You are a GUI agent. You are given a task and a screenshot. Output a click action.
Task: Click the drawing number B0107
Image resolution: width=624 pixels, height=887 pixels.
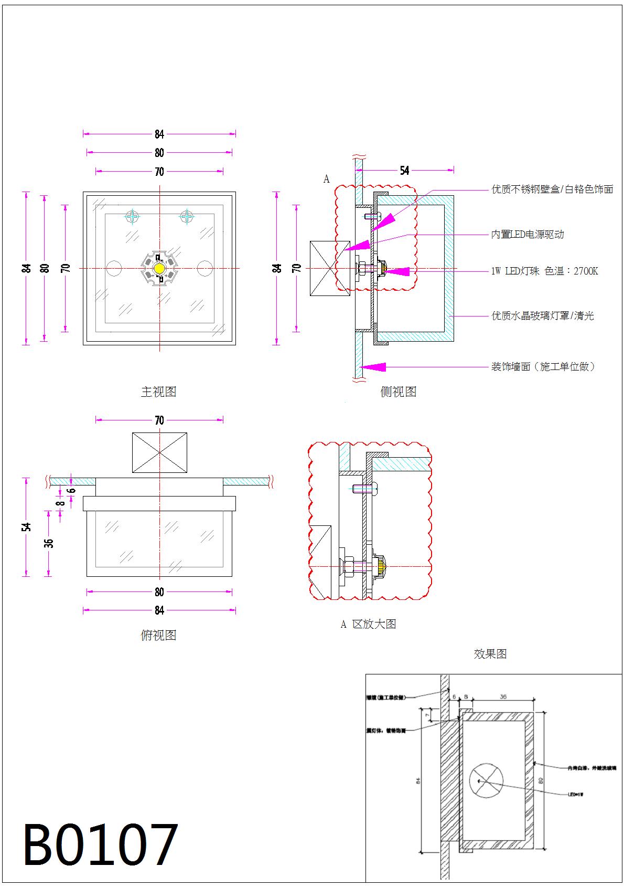coord(100,844)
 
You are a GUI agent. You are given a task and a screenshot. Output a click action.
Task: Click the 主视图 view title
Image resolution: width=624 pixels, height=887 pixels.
coord(158,392)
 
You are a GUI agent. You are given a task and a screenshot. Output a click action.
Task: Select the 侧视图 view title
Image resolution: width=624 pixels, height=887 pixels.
coord(398,392)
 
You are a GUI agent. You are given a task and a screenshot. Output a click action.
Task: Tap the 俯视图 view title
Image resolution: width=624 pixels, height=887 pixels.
coord(158,635)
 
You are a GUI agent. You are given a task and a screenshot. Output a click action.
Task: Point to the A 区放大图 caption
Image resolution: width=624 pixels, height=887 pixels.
coord(368,624)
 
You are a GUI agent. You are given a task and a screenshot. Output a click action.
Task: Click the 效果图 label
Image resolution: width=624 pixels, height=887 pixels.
coord(490,654)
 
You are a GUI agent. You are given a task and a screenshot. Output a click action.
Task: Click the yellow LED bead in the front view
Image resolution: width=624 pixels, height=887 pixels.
coord(159,268)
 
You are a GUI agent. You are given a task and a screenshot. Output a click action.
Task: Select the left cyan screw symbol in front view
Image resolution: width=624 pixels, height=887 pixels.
coord(133,216)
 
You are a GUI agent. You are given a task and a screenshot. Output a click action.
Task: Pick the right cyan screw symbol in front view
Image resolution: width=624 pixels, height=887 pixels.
coord(187,216)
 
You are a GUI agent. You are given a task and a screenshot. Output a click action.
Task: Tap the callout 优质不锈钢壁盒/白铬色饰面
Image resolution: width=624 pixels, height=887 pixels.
coord(552,189)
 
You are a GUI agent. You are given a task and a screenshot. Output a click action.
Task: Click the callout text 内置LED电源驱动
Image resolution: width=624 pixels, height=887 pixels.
coord(527,234)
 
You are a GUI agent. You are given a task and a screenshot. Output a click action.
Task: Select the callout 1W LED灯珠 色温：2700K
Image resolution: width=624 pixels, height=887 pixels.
coord(544,271)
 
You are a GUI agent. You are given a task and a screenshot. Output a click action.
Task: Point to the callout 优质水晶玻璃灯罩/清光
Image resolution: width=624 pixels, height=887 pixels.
coord(542,316)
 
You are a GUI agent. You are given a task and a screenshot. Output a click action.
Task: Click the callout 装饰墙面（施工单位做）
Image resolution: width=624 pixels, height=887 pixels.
coord(543,367)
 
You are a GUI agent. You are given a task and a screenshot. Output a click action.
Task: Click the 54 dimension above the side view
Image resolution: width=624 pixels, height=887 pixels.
coord(404,171)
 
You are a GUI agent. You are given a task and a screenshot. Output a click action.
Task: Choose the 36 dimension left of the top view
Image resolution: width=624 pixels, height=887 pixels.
coord(49,543)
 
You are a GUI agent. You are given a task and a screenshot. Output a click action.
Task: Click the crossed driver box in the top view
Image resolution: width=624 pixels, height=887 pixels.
coord(159,452)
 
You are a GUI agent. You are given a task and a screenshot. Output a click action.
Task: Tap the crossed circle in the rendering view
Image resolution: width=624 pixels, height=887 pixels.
coord(486,780)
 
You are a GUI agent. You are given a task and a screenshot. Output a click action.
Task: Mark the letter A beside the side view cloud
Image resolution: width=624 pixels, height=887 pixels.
coord(326,179)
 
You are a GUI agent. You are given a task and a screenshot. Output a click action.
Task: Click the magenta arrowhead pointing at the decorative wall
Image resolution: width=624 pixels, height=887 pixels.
coord(374,367)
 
